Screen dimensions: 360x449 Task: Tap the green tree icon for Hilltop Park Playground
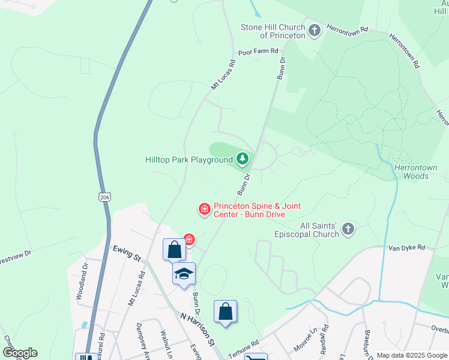242,159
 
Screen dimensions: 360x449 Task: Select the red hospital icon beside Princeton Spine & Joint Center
204,209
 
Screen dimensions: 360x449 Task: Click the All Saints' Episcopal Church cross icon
348,228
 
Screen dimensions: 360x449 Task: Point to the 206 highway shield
104,196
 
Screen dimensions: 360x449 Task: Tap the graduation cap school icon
184,274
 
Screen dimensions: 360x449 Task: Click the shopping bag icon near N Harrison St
225,311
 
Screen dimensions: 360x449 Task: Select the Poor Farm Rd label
258,52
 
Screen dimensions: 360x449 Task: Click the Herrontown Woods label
415,172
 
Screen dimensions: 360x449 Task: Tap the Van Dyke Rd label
406,247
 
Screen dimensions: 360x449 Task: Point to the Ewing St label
126,253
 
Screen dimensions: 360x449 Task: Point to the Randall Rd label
324,337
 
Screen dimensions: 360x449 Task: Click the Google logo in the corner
20,352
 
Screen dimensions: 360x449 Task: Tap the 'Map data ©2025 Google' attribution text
412,355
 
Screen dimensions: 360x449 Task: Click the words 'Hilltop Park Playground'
188,160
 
